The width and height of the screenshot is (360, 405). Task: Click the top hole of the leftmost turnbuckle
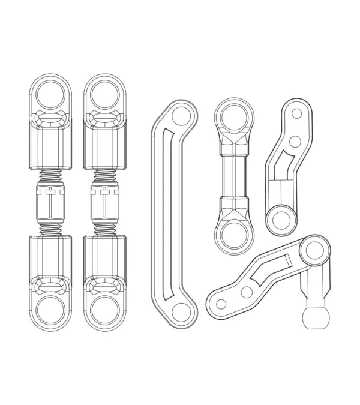point(50,94)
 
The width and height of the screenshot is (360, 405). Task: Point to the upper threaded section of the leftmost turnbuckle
point(50,178)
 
